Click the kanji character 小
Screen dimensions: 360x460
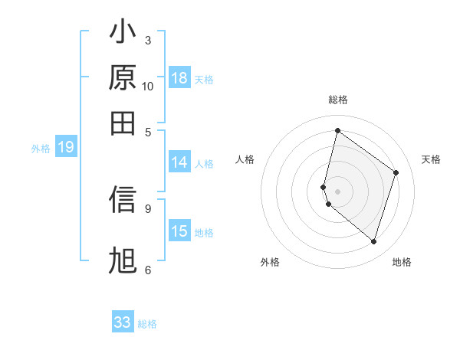(123, 34)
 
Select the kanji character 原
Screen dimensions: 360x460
(123, 79)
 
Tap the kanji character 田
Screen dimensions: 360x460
(123, 123)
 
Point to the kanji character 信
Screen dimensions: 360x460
(123, 200)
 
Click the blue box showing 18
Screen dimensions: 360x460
(179, 79)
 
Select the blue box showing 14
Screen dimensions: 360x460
(179, 162)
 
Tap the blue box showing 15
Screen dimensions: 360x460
(179, 232)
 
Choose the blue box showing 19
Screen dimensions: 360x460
(66, 148)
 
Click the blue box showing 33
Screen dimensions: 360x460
(123, 322)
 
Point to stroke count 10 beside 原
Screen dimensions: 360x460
(148, 87)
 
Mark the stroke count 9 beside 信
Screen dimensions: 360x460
(148, 208)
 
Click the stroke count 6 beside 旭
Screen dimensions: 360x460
(148, 270)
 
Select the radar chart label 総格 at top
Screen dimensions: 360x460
(337, 100)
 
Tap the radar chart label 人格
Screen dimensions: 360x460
(245, 159)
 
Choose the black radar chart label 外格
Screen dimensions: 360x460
(270, 262)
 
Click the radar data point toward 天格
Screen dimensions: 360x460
(396, 172)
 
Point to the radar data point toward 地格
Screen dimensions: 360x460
(373, 242)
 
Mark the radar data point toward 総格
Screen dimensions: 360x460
(337, 130)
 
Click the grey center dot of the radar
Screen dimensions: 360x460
(337, 191)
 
